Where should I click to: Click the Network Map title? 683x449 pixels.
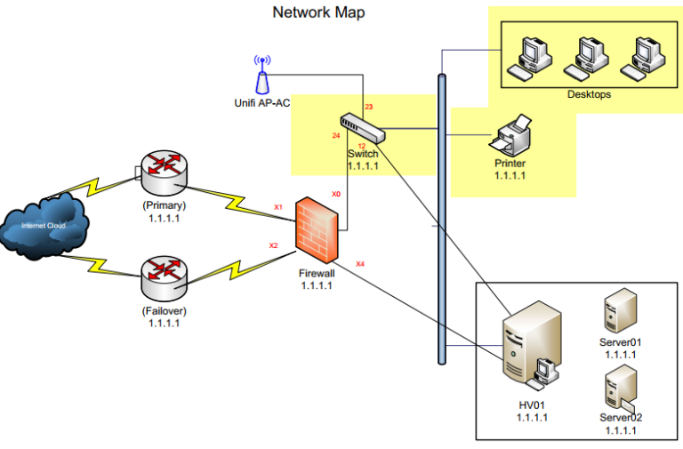(x=317, y=12)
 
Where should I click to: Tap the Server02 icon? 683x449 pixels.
(x=619, y=388)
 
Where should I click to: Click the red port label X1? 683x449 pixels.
(x=277, y=207)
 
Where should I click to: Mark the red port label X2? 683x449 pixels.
(x=273, y=245)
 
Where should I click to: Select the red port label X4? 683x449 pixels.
(x=359, y=263)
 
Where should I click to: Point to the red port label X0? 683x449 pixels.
(x=336, y=193)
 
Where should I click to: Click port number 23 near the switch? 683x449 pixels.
(x=368, y=107)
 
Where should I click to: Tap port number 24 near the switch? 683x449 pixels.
(x=336, y=136)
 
